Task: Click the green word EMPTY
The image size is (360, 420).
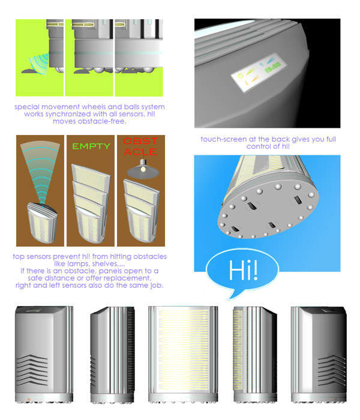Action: pos(91,146)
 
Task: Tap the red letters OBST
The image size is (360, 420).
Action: pos(140,141)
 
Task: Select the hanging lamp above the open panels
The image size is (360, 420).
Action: pos(143,169)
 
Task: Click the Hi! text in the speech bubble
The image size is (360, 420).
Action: pos(243,270)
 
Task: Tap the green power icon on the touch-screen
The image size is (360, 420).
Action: pos(241,76)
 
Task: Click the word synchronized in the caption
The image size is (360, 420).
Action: pos(76,114)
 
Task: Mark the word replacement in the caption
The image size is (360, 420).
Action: pos(130,278)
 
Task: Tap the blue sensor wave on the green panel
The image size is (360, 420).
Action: pos(40,64)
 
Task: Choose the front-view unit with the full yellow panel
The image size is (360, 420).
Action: pos(183,354)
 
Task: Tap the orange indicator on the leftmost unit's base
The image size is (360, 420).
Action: pos(28,400)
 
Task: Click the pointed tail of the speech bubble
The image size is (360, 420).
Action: pos(229,298)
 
